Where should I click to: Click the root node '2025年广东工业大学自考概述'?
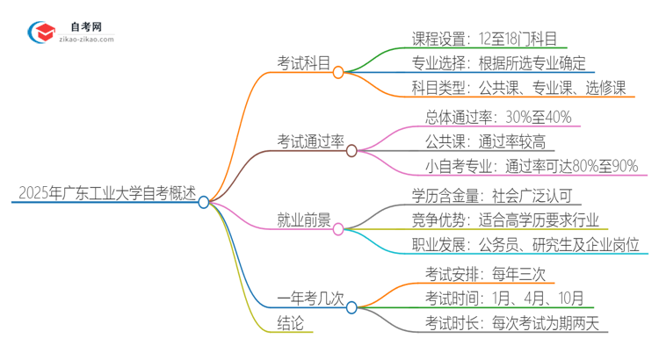[x=102, y=191]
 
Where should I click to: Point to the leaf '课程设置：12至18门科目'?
[x=489, y=38]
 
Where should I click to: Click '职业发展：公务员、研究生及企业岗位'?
[x=525, y=244]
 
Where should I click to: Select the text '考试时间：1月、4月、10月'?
[x=503, y=298]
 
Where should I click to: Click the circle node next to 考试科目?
[x=338, y=72]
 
